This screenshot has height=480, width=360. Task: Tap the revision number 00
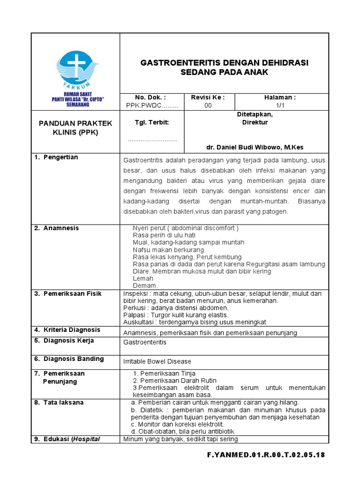(208, 105)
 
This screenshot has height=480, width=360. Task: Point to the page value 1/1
(281, 105)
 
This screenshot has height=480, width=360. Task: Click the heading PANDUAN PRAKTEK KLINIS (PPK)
(75, 127)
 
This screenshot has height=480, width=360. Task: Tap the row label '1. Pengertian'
(56, 157)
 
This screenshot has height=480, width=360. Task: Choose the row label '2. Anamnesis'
(57, 228)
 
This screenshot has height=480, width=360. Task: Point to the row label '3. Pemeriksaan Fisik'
(68, 294)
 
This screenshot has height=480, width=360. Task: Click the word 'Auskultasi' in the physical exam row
(139, 322)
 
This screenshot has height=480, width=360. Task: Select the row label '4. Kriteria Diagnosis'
(67, 330)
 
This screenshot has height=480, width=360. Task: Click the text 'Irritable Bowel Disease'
(157, 361)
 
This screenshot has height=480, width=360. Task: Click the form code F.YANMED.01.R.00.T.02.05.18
(266, 455)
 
